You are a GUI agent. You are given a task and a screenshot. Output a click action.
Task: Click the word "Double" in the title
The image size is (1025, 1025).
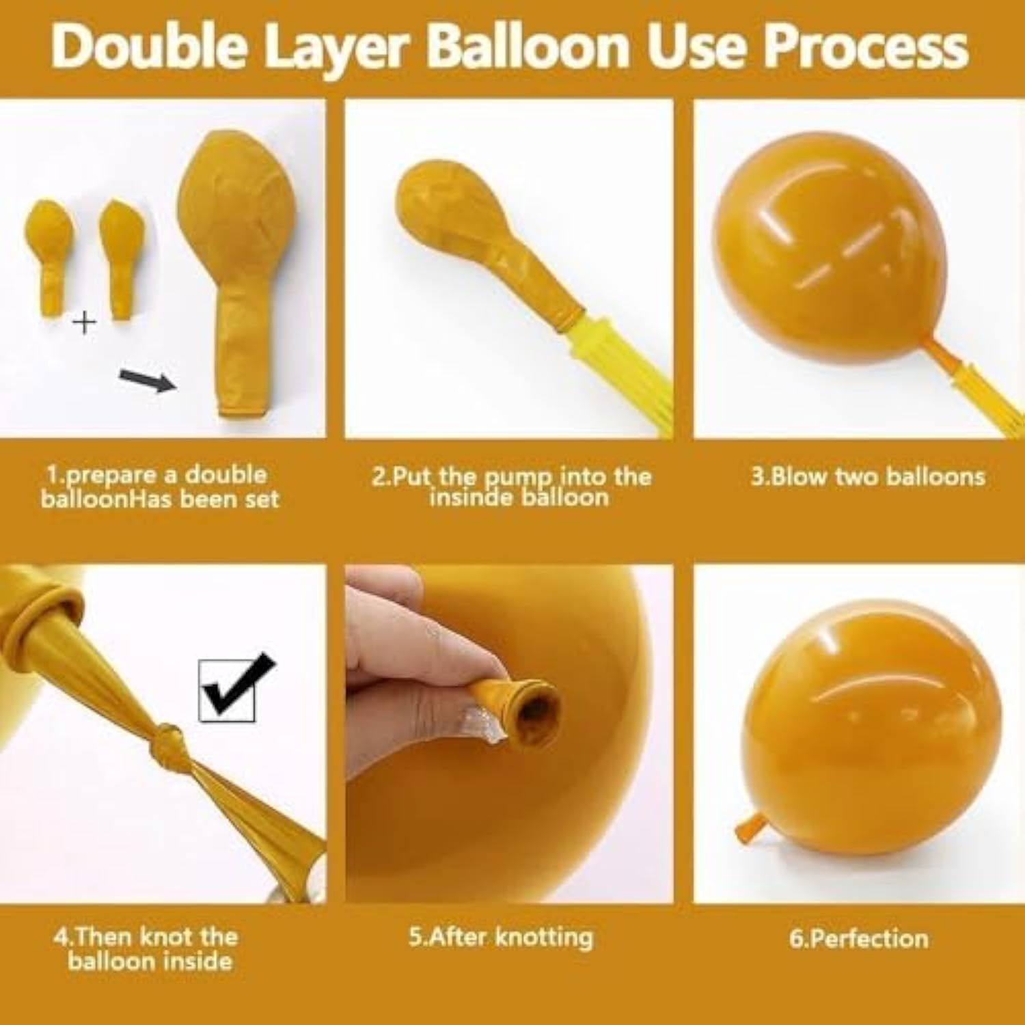point(148,46)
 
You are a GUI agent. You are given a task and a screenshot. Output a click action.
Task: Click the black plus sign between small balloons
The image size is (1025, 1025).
point(85,323)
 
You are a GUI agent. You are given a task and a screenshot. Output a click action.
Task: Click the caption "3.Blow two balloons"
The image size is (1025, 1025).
point(868,476)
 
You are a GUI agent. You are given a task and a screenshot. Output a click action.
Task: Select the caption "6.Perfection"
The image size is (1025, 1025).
point(858,938)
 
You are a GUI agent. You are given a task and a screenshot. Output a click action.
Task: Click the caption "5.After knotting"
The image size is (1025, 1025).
point(501,937)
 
